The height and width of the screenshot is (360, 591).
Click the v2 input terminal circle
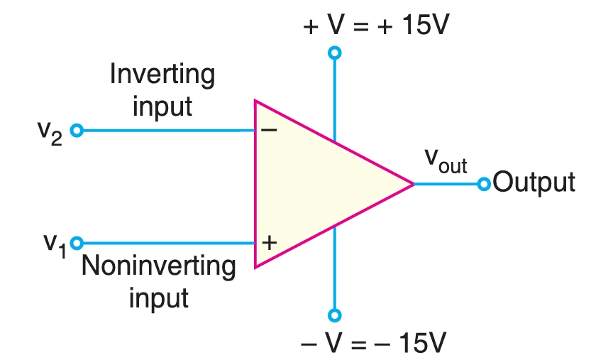click(77, 131)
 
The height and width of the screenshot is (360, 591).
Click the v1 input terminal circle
click(77, 243)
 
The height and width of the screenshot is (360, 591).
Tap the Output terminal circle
click(484, 184)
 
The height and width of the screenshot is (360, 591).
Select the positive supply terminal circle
click(335, 53)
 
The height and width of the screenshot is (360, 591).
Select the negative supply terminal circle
click(335, 315)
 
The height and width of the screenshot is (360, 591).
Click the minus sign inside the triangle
click(268, 130)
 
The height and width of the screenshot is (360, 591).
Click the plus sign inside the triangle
click(268, 243)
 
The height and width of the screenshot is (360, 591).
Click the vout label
click(446, 161)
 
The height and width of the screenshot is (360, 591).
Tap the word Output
click(534, 183)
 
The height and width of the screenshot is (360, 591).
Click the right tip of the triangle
click(413, 184)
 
